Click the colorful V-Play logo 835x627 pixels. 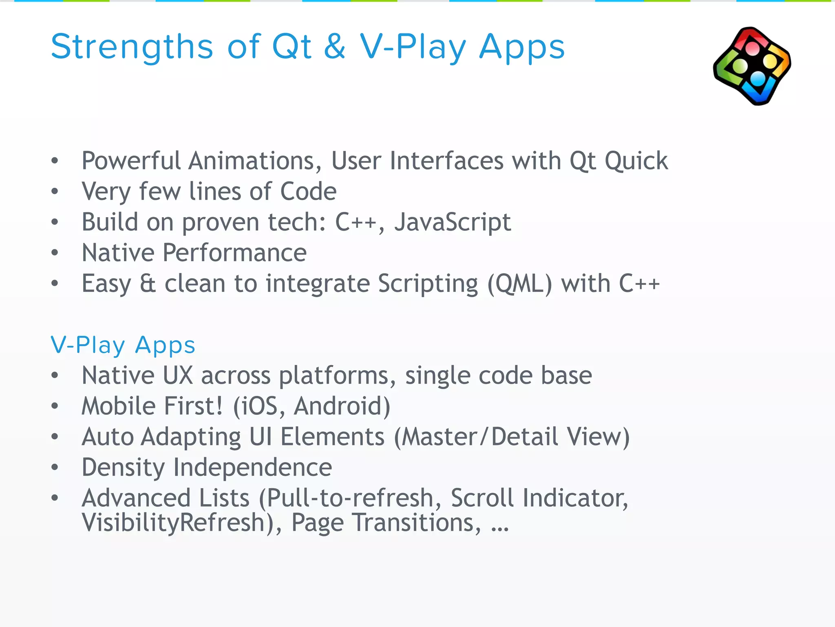[x=752, y=66]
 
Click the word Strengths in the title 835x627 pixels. [x=132, y=47]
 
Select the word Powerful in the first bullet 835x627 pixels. [x=131, y=161]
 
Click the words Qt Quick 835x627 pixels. [x=619, y=161]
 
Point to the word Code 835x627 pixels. [x=308, y=191]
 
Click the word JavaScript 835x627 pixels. [x=452, y=222]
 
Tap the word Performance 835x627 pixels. [x=234, y=253]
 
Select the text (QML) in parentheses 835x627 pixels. [x=520, y=284]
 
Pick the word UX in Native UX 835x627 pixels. [x=178, y=376]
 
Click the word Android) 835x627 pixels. [x=342, y=406]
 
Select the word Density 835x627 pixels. [x=123, y=467]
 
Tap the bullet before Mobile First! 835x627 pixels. [x=55, y=406]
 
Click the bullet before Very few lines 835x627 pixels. [x=55, y=191]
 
